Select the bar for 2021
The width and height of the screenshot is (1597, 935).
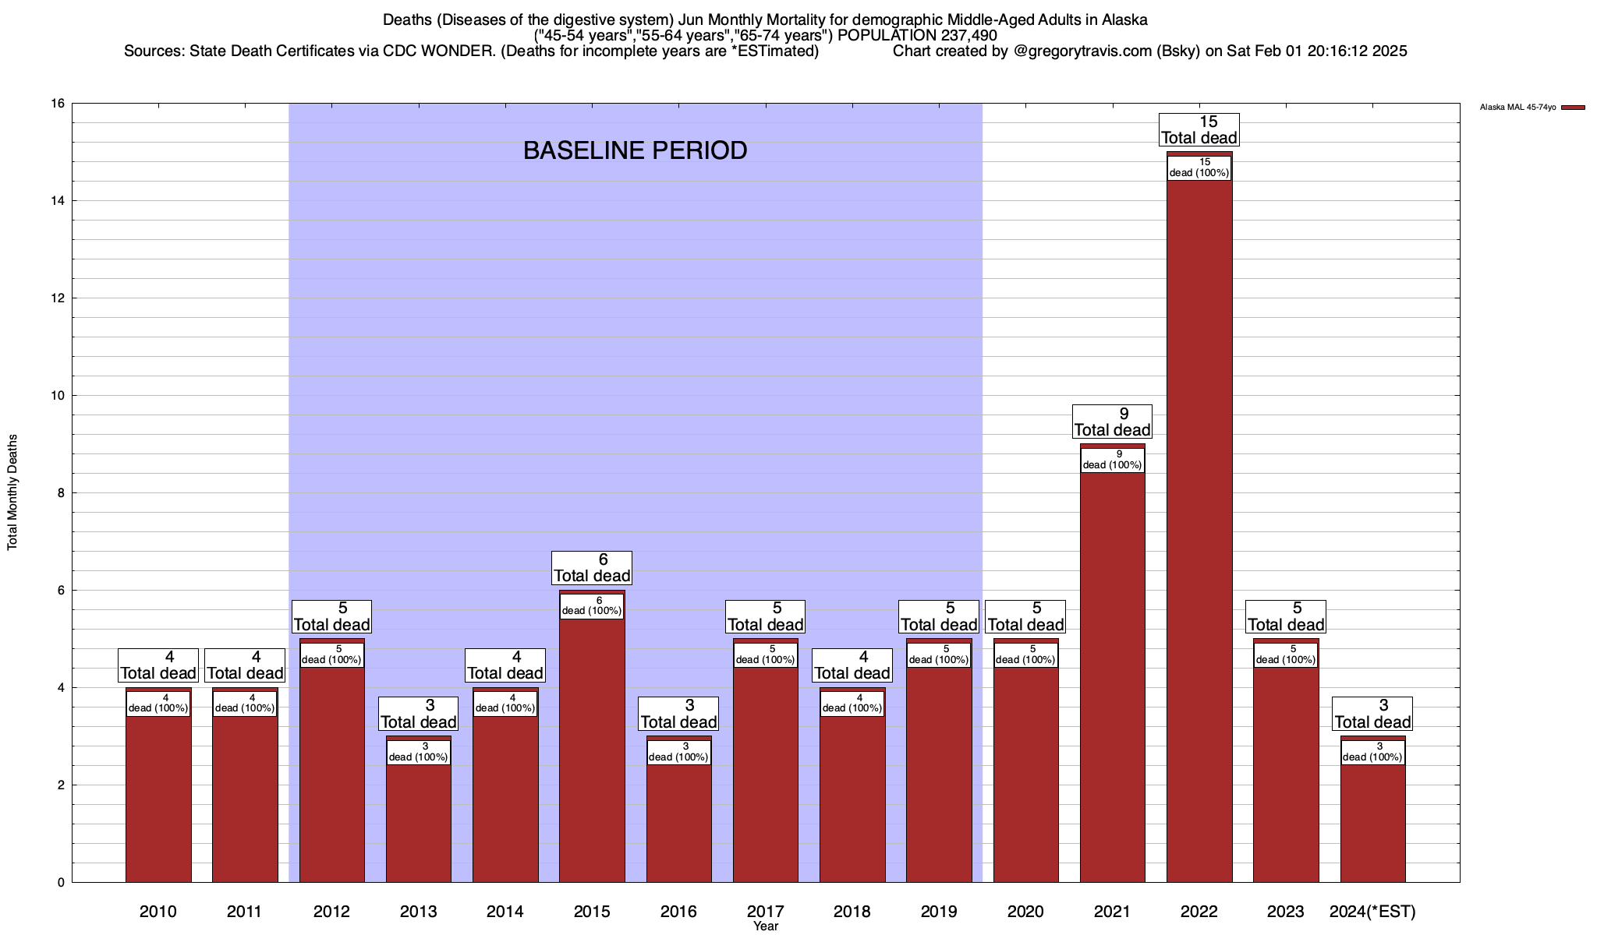point(1113,670)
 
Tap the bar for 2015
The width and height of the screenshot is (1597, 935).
point(592,740)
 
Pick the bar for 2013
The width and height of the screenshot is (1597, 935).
point(419,818)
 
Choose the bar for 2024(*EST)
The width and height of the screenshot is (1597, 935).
point(1372,818)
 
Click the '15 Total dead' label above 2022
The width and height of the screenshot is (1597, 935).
point(1199,130)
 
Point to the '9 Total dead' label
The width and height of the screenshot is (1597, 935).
point(1113,422)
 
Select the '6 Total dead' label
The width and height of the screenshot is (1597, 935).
point(592,568)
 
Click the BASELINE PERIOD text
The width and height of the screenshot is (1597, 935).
point(635,150)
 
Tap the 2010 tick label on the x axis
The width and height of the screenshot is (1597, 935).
point(158,911)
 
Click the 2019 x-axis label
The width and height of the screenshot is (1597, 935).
point(939,911)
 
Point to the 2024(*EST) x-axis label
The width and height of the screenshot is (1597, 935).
point(1372,911)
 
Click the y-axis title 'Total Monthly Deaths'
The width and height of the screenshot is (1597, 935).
point(12,492)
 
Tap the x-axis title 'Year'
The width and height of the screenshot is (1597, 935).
point(766,926)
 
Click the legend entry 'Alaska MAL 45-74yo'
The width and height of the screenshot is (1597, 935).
point(1517,108)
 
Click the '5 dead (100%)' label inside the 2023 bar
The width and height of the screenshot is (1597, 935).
point(1286,654)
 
